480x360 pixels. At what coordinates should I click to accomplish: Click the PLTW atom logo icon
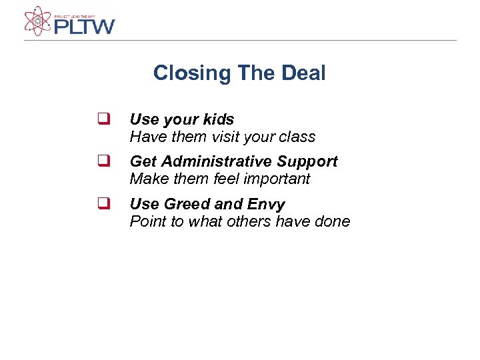(37, 21)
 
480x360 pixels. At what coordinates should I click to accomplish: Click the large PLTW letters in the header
(84, 27)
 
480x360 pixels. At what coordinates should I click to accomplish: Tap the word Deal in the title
(303, 73)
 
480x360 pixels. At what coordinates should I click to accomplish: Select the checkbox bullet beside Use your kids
(103, 120)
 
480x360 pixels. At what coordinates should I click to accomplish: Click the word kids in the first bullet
(219, 119)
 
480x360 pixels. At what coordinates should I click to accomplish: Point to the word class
(297, 137)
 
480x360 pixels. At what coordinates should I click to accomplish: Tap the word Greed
(185, 204)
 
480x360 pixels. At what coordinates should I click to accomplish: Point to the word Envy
(267, 205)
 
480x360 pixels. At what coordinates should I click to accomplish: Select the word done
(331, 221)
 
